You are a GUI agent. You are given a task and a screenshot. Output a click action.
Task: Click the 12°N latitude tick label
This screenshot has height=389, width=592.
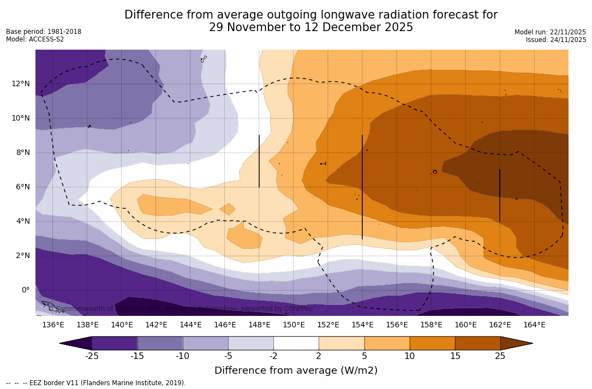21,83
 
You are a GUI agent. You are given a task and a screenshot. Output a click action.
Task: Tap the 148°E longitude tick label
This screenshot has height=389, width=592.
259,325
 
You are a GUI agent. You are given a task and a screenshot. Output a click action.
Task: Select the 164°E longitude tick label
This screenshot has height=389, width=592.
534,325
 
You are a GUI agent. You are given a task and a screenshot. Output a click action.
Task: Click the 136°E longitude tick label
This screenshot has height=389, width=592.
53,325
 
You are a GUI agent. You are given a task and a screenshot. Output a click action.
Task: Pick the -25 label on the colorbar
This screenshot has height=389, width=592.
91,356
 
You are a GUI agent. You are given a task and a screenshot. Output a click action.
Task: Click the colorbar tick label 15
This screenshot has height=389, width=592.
455,356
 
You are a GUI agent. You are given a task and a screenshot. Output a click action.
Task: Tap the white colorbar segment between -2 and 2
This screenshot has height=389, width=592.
296,343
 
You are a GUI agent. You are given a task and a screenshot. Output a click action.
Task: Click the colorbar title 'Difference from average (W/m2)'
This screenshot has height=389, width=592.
296,370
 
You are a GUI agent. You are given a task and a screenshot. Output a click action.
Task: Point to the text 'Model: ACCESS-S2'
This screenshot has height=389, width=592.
35,39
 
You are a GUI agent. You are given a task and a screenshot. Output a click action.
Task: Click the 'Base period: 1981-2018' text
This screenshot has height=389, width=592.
44,32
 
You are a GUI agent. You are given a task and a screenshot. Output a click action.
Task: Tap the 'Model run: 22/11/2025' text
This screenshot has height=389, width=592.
550,32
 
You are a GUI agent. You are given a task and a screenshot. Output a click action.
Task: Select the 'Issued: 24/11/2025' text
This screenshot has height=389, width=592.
556,40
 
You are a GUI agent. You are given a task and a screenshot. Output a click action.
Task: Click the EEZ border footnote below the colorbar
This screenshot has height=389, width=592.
95,383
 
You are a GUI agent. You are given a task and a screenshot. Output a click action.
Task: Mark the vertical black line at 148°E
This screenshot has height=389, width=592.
259,161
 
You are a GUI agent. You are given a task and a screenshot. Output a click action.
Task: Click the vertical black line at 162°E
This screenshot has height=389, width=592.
500,195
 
